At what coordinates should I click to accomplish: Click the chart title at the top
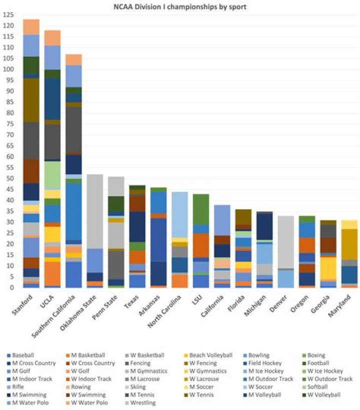coord(179,7)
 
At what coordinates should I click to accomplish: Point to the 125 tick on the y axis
coord(8,15)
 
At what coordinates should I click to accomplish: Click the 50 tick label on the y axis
coord(10,179)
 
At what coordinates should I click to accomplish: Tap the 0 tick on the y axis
coord(12,288)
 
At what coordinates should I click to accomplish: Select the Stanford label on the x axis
coord(22,305)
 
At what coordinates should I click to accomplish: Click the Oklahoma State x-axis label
coord(78,312)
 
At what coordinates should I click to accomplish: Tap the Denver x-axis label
coord(278,303)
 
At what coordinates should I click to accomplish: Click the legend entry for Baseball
coord(20,355)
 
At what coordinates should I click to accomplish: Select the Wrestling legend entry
coord(140,402)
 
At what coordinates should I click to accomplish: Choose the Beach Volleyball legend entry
coord(208,355)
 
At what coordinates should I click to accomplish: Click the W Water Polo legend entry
coord(87,402)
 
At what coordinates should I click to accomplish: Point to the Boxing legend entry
coord(314,355)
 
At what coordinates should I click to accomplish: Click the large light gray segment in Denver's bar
coord(286,242)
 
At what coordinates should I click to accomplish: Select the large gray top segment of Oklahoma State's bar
coord(94,211)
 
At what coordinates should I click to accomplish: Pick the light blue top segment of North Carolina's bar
coord(179,215)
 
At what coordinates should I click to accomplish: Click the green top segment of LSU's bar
coord(201,209)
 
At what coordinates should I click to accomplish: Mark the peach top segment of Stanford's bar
coord(31,27)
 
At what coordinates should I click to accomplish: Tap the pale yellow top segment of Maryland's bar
coord(349,225)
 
